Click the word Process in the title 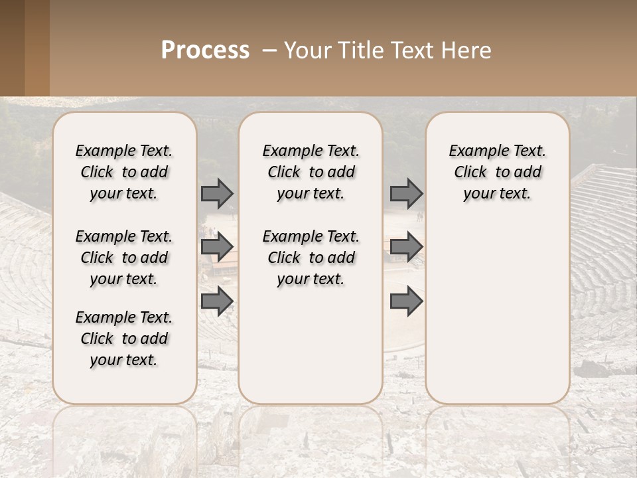point(205,50)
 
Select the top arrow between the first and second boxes point(217,193)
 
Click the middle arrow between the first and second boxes point(217,247)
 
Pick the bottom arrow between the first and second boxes point(217,301)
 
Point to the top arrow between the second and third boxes point(406,193)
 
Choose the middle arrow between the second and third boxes point(406,247)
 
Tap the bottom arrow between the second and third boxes point(406,301)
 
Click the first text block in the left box point(124,172)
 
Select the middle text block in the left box point(124,258)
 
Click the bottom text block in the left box point(124,339)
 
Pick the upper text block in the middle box point(311,172)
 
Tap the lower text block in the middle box point(311,258)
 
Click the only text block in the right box point(497,172)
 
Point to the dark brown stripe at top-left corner point(12,48)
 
